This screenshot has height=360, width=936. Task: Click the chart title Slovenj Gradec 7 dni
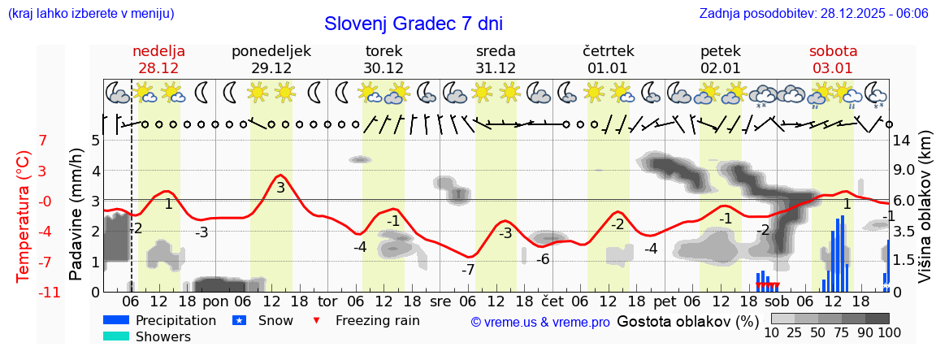(x=414, y=24)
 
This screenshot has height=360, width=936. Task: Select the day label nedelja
(x=159, y=51)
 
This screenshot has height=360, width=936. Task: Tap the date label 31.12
(x=496, y=67)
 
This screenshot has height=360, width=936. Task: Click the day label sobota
(x=833, y=51)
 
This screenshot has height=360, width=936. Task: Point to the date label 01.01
(x=608, y=67)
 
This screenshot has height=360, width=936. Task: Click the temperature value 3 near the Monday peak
(x=280, y=188)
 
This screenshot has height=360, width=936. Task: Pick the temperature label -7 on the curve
(x=468, y=270)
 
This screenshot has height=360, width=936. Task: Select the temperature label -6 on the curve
(x=542, y=259)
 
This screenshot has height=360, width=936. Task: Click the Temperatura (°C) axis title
(x=24, y=215)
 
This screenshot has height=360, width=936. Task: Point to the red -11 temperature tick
(x=28, y=292)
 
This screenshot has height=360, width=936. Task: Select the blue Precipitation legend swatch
(x=116, y=320)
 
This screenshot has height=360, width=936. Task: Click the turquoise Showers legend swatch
(x=116, y=336)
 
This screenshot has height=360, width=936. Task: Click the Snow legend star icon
(x=239, y=320)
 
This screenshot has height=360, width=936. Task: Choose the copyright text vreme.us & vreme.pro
(x=540, y=323)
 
